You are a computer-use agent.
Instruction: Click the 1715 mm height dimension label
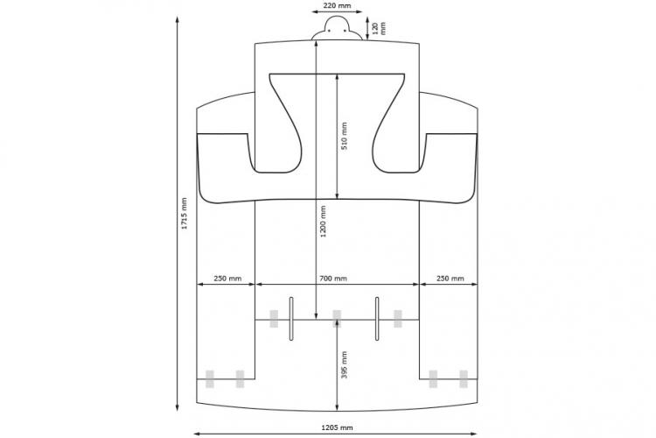pos(184,214)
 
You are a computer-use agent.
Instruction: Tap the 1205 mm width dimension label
pos(337,427)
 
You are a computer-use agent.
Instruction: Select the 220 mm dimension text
pos(337,6)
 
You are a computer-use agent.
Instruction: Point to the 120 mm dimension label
pos(379,28)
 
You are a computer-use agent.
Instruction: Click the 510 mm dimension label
pos(344,136)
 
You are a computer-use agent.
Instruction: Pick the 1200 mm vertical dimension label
pos(323,221)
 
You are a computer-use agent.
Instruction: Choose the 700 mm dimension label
pos(333,279)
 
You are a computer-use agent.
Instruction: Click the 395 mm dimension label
pos(344,364)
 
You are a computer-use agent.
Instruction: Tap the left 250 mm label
pos(227,279)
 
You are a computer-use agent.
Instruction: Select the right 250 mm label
pos(450,279)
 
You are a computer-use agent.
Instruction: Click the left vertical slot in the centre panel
pos(291,319)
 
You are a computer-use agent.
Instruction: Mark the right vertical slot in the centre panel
pos(377,319)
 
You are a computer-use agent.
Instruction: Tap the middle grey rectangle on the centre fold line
pos(337,319)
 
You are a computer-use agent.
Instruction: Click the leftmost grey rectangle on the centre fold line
pos(274,319)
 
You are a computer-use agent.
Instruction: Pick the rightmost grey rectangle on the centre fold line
pos(398,319)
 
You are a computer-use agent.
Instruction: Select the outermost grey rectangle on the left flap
pos(210,379)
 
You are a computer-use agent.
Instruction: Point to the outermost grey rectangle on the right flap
pos(464,379)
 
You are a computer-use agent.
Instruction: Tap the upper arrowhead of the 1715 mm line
pos(178,20)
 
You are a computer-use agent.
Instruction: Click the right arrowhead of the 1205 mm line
pos(473,434)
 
